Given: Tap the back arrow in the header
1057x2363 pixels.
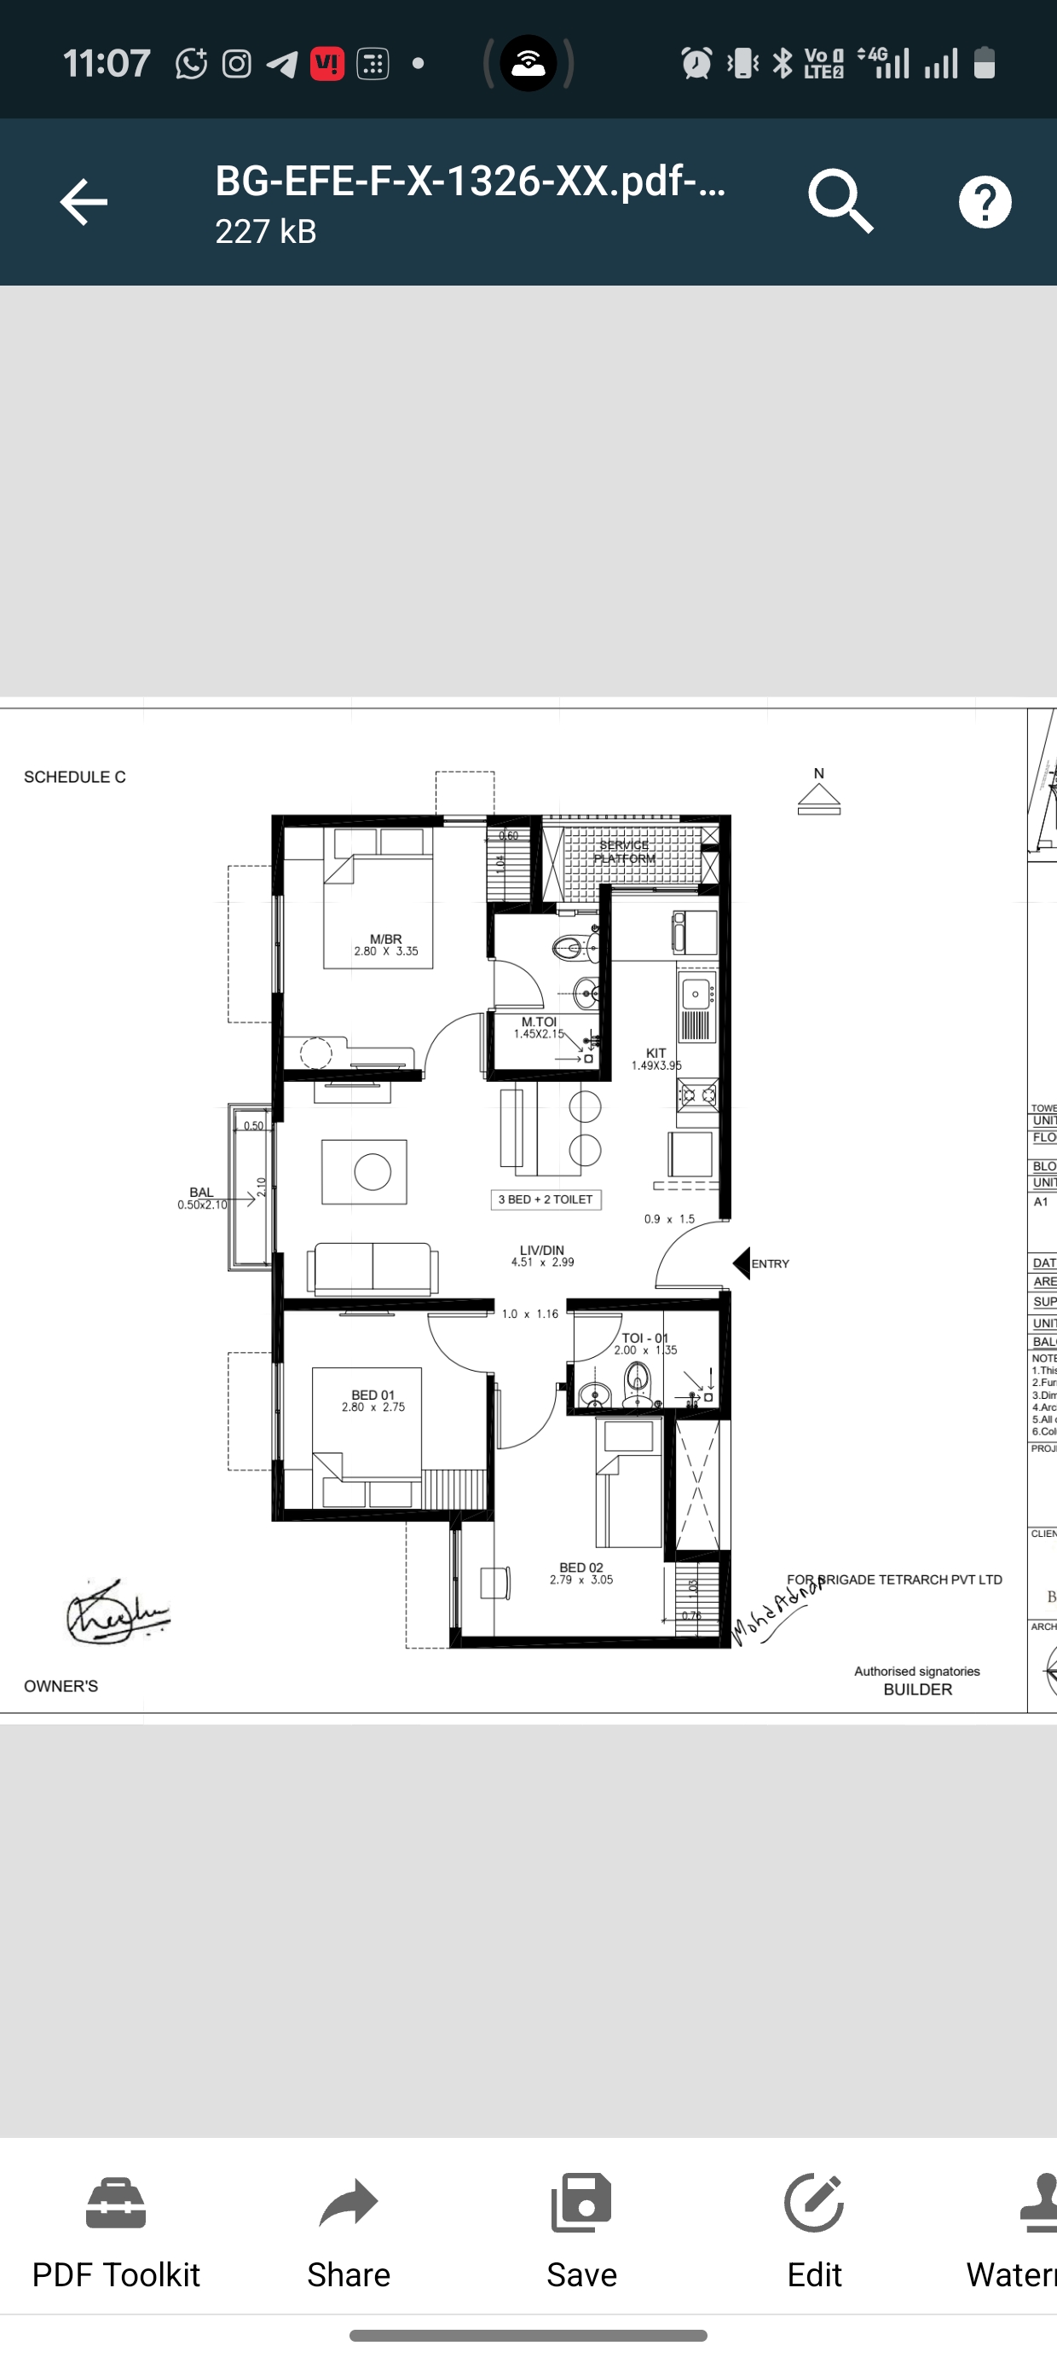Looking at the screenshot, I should point(84,202).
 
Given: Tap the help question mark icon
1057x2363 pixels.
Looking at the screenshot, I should point(985,202).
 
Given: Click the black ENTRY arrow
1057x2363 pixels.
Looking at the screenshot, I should point(742,1263).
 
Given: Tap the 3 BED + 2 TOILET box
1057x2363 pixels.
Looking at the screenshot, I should point(546,1199).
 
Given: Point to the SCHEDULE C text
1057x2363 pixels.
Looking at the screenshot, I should point(74,777).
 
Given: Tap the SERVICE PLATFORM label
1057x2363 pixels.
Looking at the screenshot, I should point(624,852).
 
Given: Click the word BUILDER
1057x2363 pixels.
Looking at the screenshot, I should point(917,1690).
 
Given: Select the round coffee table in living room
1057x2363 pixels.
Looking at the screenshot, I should point(373,1171).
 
